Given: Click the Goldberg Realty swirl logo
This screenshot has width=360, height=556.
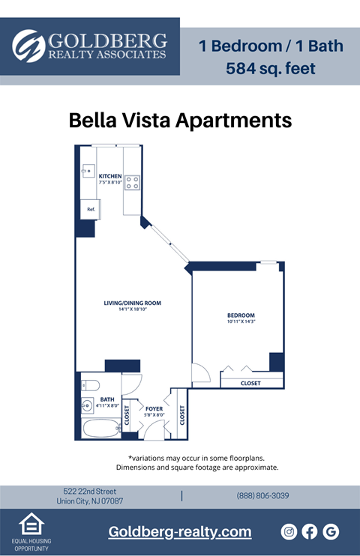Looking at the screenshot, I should (29, 46).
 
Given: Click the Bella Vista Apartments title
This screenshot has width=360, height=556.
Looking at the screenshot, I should (180, 120).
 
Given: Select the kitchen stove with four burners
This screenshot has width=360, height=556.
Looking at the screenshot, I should (132, 180).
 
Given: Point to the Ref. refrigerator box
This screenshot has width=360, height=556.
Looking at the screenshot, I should (90, 209).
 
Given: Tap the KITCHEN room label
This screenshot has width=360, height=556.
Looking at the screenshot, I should (110, 176).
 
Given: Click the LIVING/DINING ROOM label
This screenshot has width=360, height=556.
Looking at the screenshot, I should (133, 303).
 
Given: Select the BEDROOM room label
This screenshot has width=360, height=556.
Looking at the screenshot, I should (241, 315).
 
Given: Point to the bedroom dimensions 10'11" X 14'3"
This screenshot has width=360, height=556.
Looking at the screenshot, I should (241, 321).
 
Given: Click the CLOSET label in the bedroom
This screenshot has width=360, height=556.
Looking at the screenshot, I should (250, 383).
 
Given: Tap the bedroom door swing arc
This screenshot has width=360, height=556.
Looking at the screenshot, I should (199, 373).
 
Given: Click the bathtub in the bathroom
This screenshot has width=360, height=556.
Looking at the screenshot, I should (100, 429).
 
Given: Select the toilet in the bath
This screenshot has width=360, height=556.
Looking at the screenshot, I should (89, 385).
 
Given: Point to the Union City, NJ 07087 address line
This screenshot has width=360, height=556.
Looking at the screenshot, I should (90, 501).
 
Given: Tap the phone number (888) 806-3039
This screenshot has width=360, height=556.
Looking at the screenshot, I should (262, 496).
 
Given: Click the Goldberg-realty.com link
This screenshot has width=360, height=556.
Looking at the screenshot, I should (180, 532).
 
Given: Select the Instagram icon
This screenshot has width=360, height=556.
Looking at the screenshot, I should (289, 531).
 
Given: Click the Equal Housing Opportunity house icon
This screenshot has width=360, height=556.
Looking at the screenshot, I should (31, 526).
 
